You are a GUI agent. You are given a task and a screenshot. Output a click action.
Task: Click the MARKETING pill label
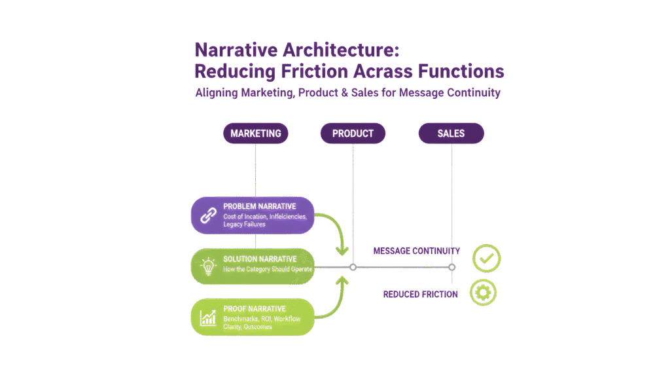(256, 134)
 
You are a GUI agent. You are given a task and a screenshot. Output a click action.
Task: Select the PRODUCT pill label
(353, 134)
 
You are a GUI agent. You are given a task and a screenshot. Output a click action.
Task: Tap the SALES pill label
(451, 134)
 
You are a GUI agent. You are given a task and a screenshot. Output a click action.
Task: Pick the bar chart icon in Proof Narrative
(208, 318)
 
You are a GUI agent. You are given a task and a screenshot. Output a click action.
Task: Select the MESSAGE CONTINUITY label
(417, 251)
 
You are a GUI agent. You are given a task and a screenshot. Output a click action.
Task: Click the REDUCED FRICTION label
(421, 295)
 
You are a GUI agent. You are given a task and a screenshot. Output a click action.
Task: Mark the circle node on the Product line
(353, 267)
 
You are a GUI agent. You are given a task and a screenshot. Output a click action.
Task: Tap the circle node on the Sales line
(451, 267)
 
